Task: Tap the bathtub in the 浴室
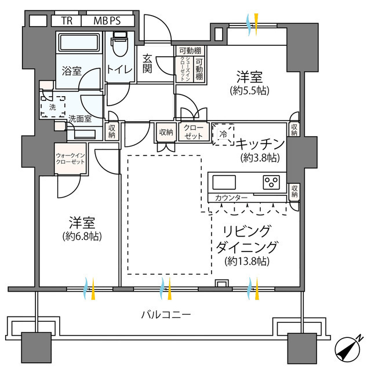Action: (79, 42)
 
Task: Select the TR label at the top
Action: (67, 21)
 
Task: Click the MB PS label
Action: (107, 21)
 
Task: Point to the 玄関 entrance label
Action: (147, 64)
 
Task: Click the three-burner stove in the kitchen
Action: (271, 183)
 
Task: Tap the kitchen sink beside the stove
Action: (224, 183)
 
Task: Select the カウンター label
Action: (231, 198)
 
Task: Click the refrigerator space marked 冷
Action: (223, 134)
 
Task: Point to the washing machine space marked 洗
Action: (53, 107)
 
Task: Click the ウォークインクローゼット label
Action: (70, 158)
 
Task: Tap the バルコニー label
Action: (166, 315)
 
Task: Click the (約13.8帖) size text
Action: (247, 261)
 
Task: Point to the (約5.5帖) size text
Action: (250, 90)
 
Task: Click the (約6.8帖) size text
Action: (82, 236)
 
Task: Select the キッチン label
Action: (260, 144)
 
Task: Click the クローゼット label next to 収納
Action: (194, 132)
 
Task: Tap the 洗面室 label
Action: (80, 119)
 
